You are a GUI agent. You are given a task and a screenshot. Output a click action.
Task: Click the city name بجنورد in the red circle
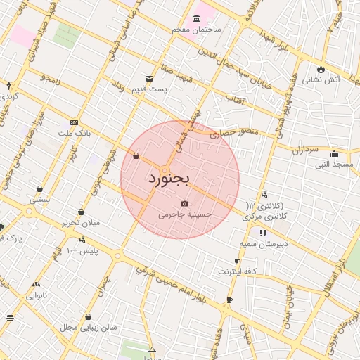pos(169,180)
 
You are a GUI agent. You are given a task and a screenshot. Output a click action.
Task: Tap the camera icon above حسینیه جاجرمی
pos(185,203)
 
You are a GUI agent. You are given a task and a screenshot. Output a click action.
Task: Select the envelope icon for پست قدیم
pos(148,78)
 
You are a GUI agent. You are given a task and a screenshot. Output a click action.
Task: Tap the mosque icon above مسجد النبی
pos(334,154)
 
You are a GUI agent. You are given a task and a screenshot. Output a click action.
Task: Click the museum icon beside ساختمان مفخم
pos(195,19)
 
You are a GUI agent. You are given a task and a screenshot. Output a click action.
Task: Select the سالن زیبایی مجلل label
pos(87,328)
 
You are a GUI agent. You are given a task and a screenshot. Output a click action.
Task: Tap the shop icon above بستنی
pos(39,188)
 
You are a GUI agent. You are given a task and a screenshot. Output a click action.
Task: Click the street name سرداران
pos(306,150)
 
